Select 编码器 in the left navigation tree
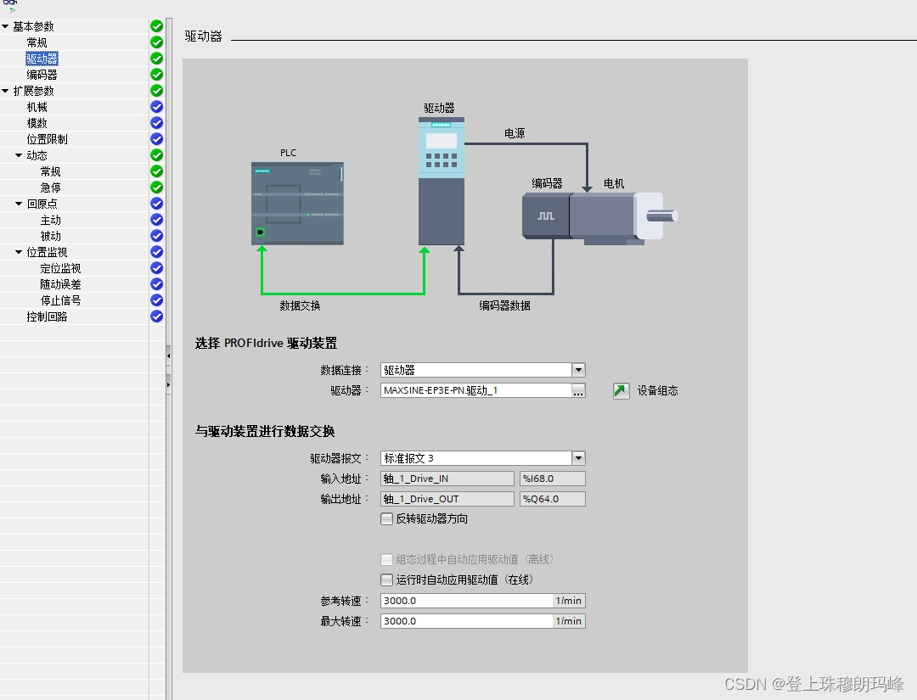(x=42, y=75)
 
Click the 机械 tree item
(x=37, y=107)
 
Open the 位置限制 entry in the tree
(x=47, y=139)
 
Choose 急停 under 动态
(x=51, y=188)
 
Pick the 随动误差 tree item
(x=60, y=284)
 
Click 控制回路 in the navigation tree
(x=47, y=316)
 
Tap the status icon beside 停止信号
(x=156, y=300)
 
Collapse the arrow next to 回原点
(x=19, y=204)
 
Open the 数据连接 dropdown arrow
(x=578, y=370)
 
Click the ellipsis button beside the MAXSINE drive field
(x=578, y=390)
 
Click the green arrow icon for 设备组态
(x=622, y=391)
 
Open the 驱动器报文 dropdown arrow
(x=578, y=458)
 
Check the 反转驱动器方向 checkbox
(x=387, y=519)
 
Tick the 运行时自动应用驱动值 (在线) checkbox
(x=387, y=580)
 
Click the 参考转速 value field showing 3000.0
(x=467, y=601)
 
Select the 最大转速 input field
(x=467, y=621)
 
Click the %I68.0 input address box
(x=552, y=479)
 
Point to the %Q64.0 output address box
(x=552, y=499)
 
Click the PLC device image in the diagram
(x=297, y=204)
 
